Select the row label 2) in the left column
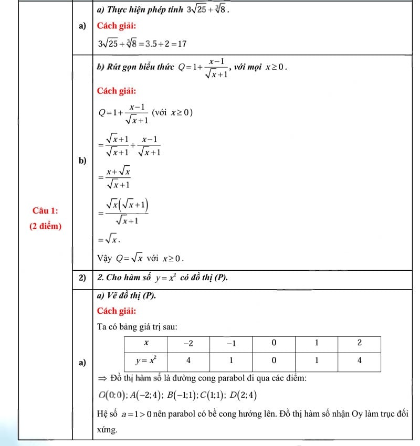(x=82, y=278)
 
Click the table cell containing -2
(x=188, y=343)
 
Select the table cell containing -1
(x=230, y=343)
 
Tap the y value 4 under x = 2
(x=359, y=360)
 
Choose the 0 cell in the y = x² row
(x=274, y=360)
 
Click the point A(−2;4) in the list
(x=142, y=395)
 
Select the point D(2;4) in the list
(x=243, y=395)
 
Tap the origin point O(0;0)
(x=109, y=395)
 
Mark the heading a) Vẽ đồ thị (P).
(x=127, y=295)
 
